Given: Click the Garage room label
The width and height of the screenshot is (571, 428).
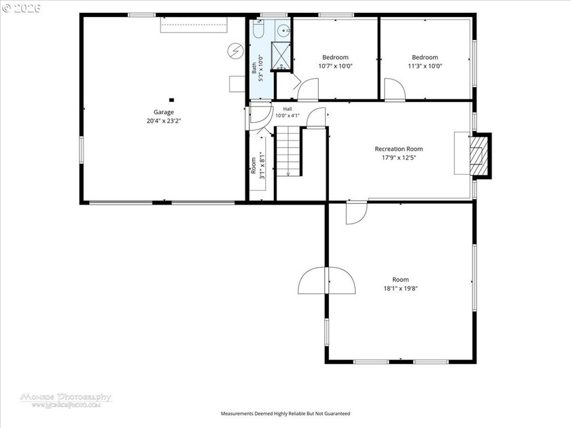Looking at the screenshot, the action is [x=164, y=112].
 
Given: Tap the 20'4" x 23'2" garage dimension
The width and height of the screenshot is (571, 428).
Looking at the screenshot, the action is [x=164, y=121].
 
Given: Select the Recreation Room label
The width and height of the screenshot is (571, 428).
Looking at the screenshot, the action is [x=399, y=149].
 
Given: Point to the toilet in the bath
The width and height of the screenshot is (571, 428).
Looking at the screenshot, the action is [x=258, y=29].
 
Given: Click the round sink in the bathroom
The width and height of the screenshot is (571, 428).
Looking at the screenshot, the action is [x=283, y=31].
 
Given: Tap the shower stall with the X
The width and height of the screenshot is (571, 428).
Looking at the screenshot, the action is [x=281, y=56].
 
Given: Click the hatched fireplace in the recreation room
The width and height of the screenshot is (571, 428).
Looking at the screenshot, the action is [x=477, y=156].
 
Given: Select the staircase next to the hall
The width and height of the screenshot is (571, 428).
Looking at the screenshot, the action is [x=288, y=151].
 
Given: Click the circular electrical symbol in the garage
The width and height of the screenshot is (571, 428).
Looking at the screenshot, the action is [x=235, y=51].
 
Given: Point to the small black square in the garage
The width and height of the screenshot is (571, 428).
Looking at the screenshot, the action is [x=171, y=100].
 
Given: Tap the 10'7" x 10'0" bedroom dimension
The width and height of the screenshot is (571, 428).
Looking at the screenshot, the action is [x=335, y=66].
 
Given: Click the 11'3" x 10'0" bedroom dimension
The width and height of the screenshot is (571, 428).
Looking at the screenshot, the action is [x=425, y=66].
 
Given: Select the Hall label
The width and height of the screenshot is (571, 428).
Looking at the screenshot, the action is [x=288, y=109].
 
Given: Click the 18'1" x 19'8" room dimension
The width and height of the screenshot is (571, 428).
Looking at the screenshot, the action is [x=400, y=288].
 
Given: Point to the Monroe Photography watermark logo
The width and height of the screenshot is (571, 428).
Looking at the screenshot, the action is [x=65, y=400].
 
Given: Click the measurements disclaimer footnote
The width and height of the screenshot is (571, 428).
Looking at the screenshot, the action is [x=285, y=414].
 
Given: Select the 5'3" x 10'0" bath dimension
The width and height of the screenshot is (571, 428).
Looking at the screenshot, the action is [x=261, y=68].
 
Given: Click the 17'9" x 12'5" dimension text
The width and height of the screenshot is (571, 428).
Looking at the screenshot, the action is [x=399, y=158].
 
